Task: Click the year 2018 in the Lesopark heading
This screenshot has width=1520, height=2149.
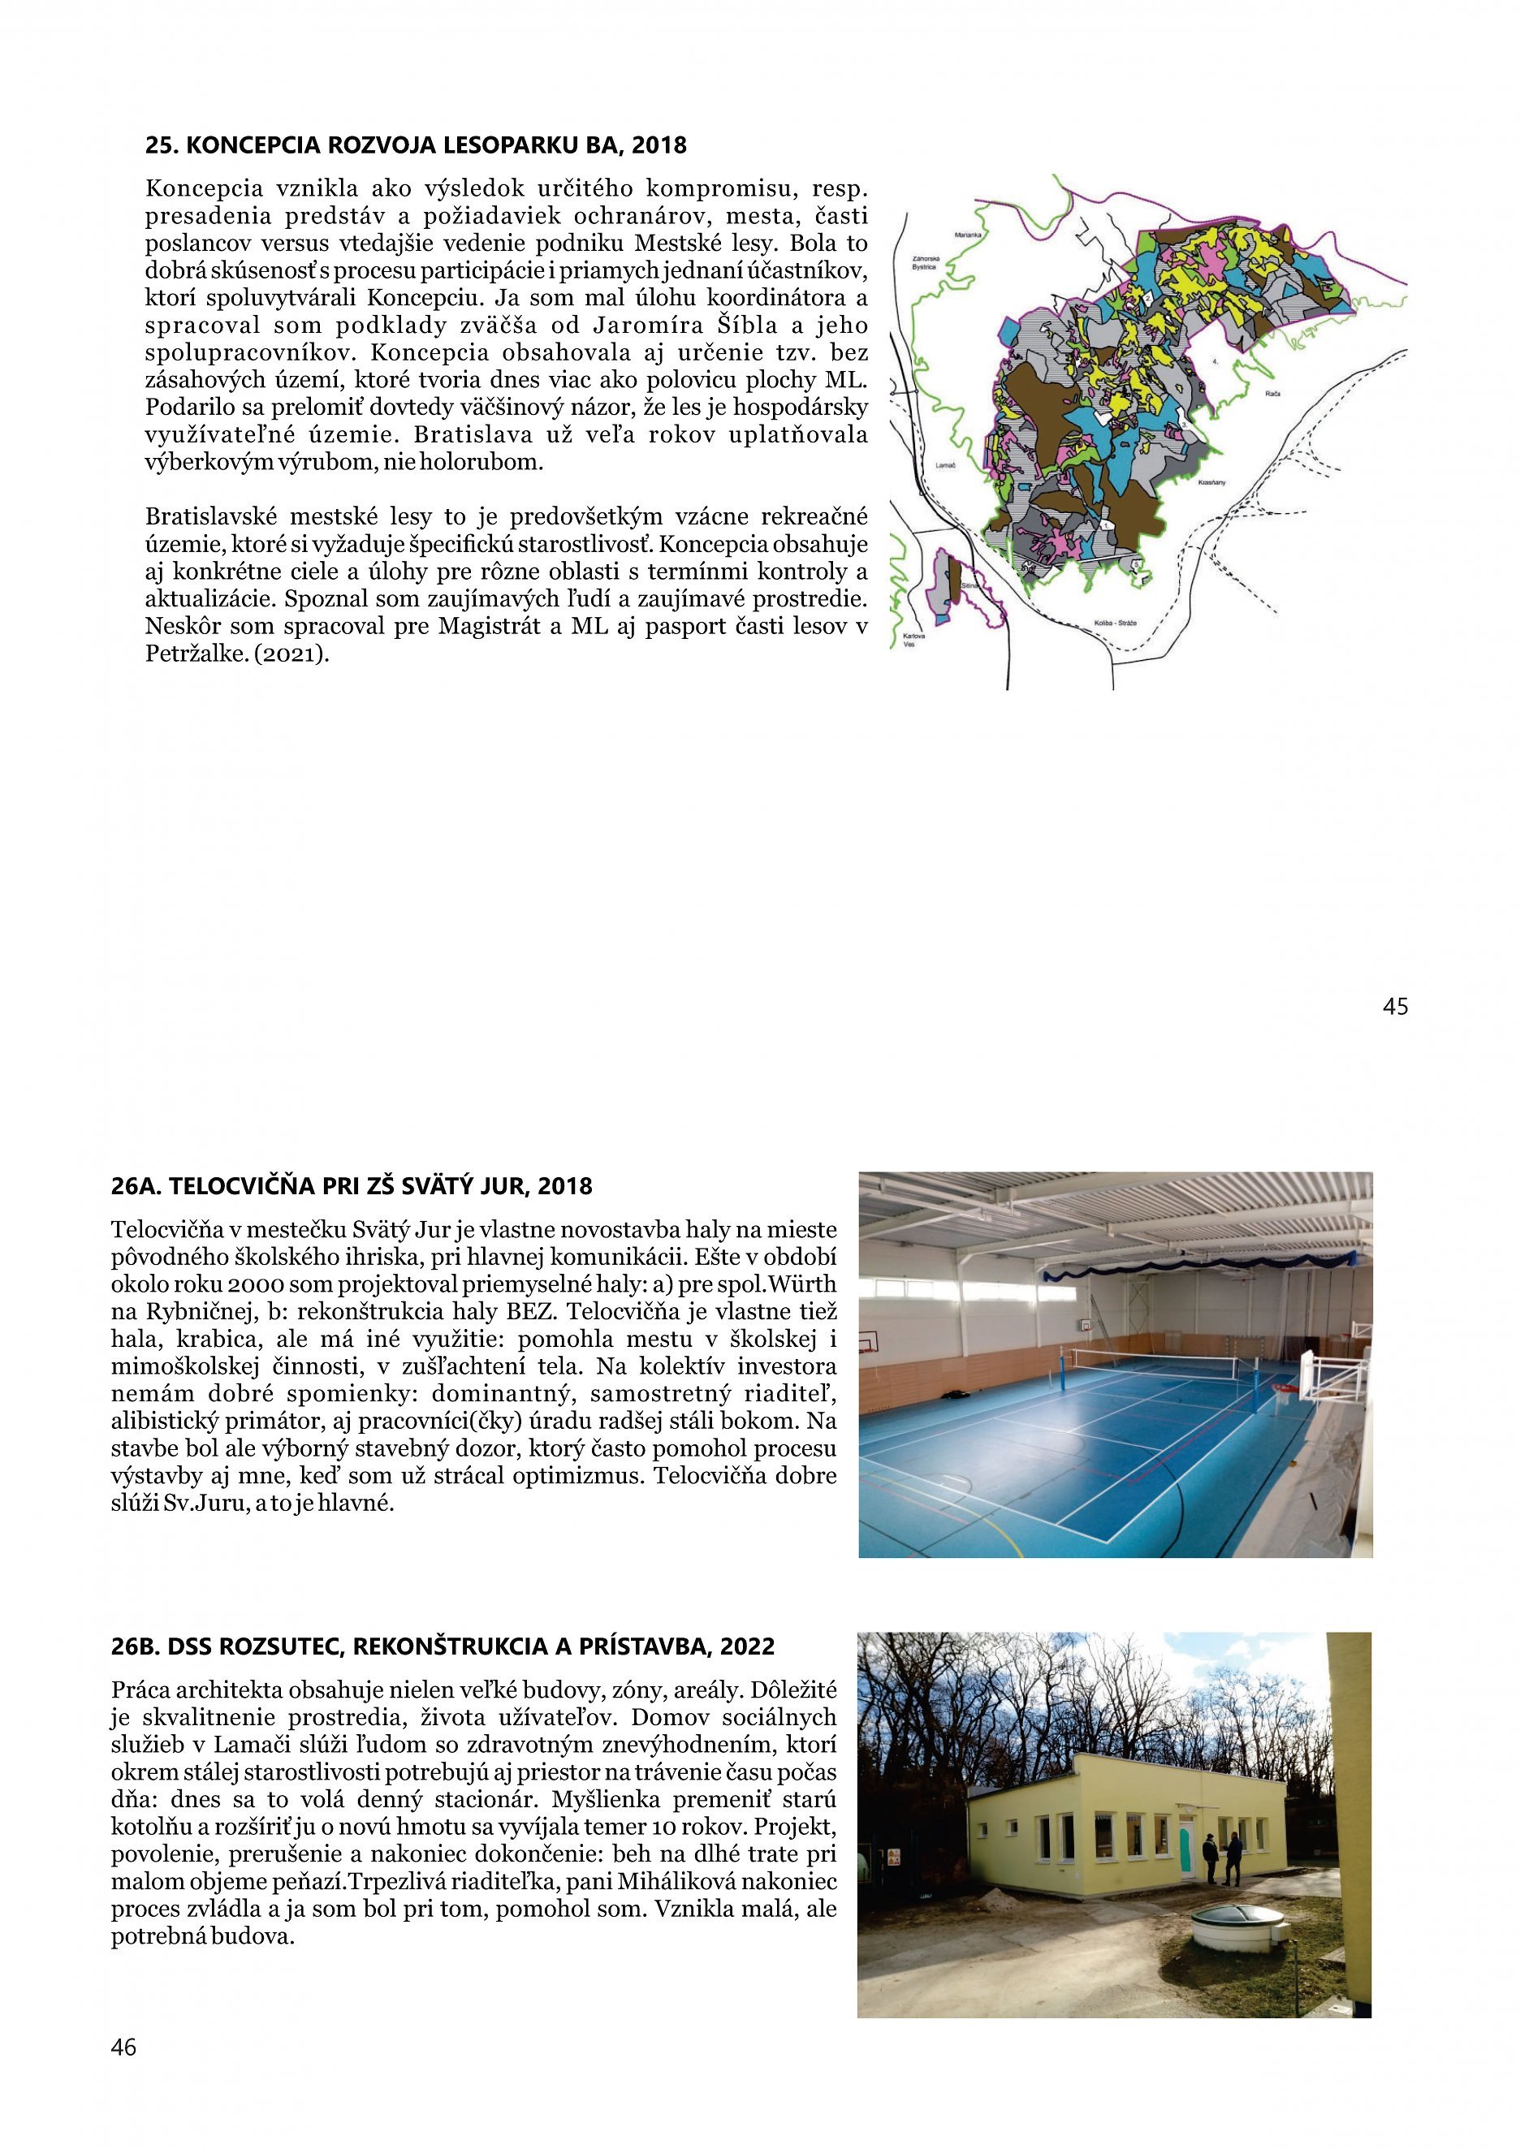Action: [659, 146]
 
